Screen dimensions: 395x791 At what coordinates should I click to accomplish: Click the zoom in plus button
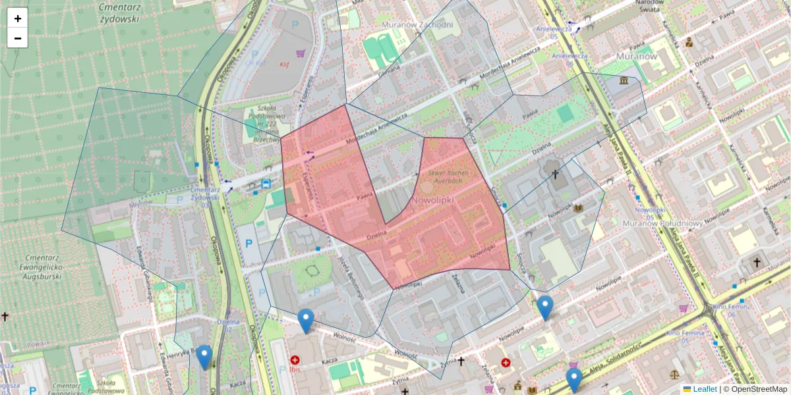(x=18, y=18)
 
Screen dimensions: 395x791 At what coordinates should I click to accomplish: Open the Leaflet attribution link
(x=704, y=389)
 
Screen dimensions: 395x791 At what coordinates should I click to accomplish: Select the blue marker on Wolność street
(x=305, y=320)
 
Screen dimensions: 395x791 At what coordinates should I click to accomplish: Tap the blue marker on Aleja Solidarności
(x=574, y=379)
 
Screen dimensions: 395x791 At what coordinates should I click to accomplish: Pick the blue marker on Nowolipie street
(x=544, y=307)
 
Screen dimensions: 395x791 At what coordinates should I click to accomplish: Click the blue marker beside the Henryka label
(x=204, y=356)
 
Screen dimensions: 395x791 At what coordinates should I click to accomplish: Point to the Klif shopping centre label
(x=284, y=65)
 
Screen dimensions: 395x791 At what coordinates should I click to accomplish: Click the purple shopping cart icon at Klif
(x=301, y=54)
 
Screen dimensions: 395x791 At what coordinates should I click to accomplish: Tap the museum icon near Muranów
(x=624, y=80)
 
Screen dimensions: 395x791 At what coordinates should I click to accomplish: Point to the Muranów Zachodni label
(x=418, y=25)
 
